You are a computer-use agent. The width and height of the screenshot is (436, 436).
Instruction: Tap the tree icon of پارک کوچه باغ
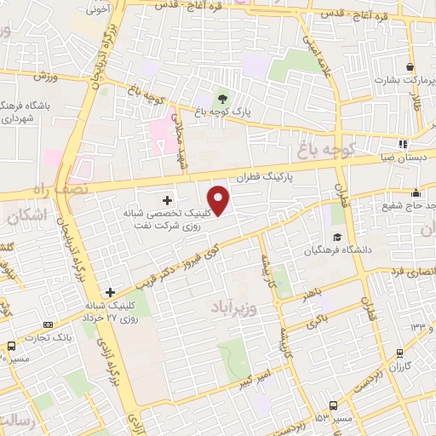tap(223, 96)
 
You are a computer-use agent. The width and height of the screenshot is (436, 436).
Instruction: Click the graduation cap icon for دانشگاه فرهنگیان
tap(337, 237)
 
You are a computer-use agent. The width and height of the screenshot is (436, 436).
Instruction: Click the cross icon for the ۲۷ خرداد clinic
tap(110, 292)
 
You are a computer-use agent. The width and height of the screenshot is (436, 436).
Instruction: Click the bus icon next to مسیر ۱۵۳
tap(333, 404)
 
